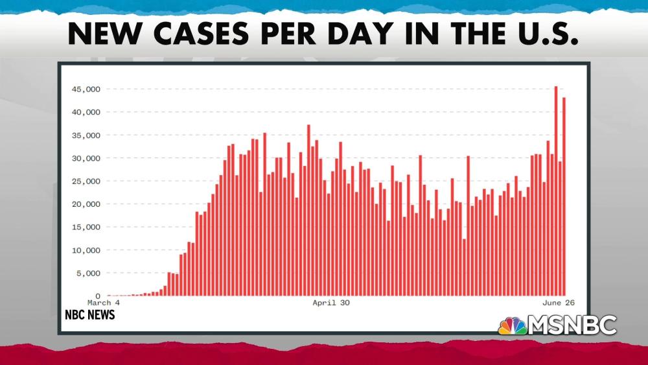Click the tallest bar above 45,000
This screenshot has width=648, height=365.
556,191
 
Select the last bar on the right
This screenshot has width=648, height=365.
564,196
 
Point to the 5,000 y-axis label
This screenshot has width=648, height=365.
88,274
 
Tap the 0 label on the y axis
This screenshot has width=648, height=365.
97,296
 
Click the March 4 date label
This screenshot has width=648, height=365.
104,303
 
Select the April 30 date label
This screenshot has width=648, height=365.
331,303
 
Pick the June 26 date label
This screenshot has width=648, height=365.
559,303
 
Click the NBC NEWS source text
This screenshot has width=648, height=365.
89,315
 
